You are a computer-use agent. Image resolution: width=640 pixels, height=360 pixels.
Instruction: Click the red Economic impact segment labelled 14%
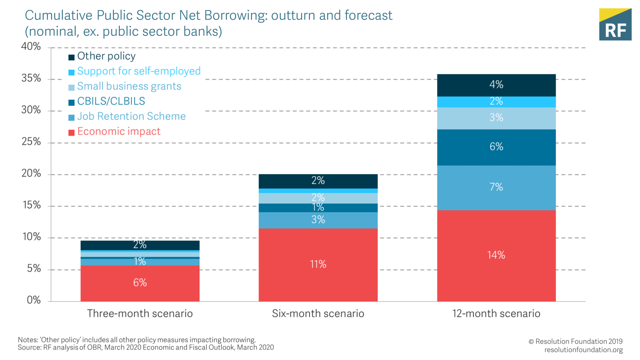tap(496, 256)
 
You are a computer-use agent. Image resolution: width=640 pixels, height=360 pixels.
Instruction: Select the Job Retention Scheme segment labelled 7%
tap(496, 187)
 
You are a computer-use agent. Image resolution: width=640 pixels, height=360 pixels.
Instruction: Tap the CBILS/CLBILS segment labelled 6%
tap(496, 147)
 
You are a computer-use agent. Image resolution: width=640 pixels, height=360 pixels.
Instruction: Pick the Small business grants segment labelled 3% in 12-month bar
tap(496, 118)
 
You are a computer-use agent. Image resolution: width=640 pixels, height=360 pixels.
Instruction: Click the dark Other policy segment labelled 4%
tap(496, 85)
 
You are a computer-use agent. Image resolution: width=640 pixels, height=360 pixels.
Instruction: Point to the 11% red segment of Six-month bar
tap(318, 264)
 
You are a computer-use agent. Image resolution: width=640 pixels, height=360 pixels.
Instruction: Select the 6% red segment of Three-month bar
tap(140, 283)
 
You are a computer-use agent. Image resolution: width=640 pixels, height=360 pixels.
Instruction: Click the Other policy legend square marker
tap(71, 57)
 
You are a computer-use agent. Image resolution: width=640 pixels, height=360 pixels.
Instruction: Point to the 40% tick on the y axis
tap(31, 47)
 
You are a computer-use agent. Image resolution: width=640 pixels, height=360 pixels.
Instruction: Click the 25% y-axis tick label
tap(31, 142)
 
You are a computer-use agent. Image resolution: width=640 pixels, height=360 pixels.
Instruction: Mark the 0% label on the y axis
tap(34, 300)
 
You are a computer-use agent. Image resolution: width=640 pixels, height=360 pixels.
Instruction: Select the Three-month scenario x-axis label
tap(140, 313)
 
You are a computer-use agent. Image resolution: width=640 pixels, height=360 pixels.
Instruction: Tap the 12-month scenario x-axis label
tap(496, 313)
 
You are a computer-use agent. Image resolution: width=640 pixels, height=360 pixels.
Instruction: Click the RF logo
tap(615, 25)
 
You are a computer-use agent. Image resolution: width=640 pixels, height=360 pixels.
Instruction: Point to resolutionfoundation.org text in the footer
tap(583, 350)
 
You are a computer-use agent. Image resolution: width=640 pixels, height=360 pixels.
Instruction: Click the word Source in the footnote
tap(29, 348)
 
